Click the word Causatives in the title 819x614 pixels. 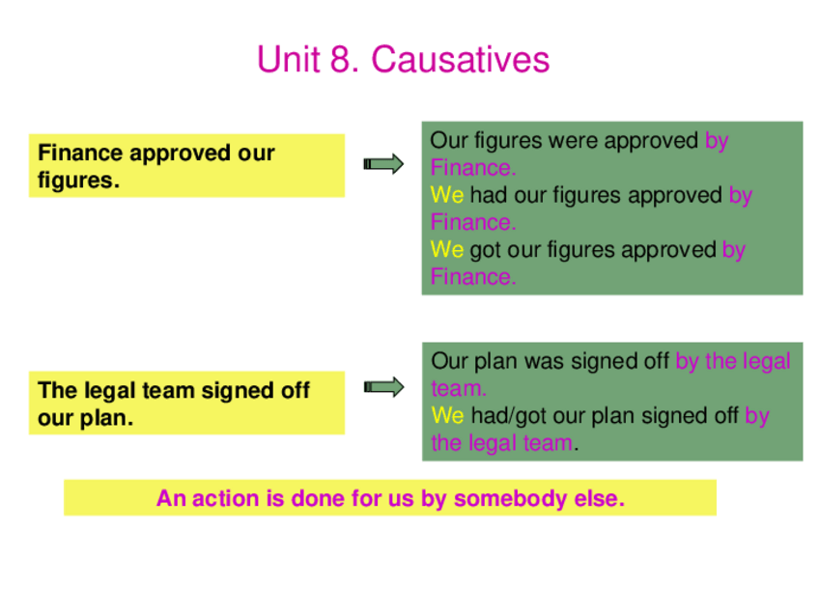tap(461, 60)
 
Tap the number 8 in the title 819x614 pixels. tap(339, 60)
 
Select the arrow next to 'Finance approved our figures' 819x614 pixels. tap(383, 164)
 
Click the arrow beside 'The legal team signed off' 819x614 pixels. tap(383, 388)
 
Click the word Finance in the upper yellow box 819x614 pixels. tap(80, 153)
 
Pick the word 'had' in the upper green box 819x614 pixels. tap(489, 195)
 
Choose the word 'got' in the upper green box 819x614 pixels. tap(487, 250)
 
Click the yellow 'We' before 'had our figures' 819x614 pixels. tap(447, 195)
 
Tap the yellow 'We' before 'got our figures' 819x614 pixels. tap(447, 250)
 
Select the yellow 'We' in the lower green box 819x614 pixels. tap(447, 416)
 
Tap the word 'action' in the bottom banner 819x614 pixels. tap(220, 499)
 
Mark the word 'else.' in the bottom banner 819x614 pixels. tap(599, 499)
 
